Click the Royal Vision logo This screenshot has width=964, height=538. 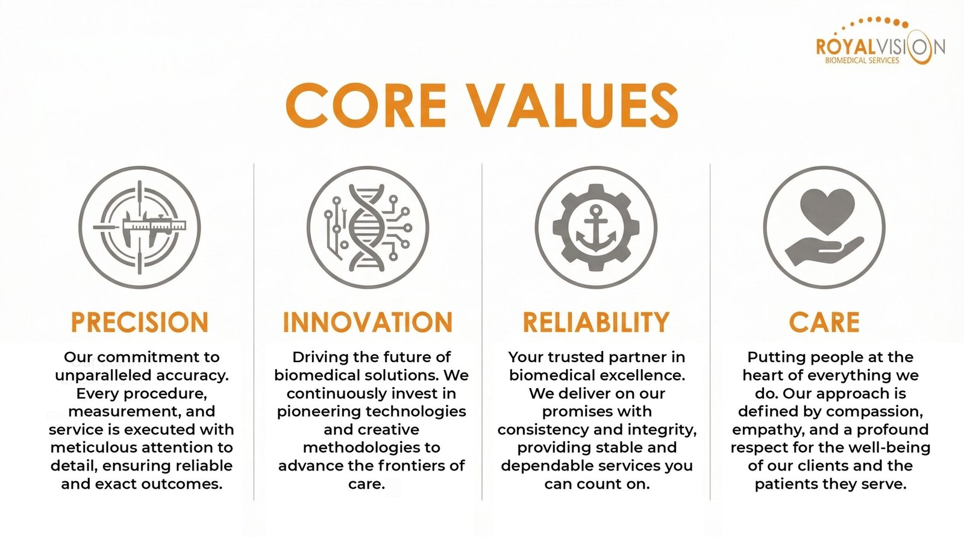[880, 41]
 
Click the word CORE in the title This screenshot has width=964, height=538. [366, 105]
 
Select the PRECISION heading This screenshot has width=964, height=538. [140, 322]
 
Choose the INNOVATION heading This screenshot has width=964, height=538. [368, 322]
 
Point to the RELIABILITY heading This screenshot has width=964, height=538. [596, 322]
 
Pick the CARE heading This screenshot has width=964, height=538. [824, 322]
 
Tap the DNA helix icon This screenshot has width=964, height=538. [367, 227]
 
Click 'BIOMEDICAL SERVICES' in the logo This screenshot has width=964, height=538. [862, 61]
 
